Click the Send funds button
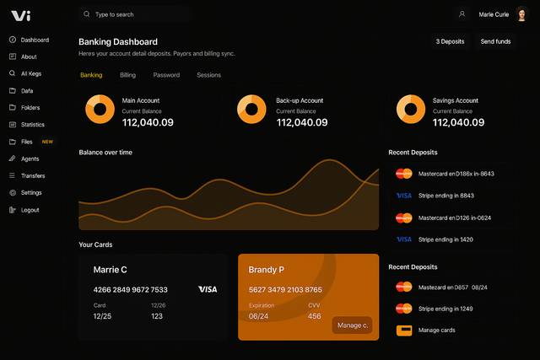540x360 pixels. coord(495,41)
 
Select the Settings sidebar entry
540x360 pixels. coord(31,192)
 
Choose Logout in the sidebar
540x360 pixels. coord(30,210)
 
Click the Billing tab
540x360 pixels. coord(127,75)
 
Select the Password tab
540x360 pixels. coord(166,75)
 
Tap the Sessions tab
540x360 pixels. coord(208,75)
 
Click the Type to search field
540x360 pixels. coord(135,14)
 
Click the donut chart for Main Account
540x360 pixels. coord(100,109)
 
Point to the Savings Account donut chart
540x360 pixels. coord(412,109)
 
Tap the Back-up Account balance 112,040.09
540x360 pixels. coord(302,123)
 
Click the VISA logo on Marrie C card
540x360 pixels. coord(208,289)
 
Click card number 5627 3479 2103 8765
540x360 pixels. coord(285,289)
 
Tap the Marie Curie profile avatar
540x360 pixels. coord(521,14)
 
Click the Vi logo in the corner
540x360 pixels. coord(21,14)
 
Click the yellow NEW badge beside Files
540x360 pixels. coord(47,142)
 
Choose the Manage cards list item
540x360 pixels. coord(435,330)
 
